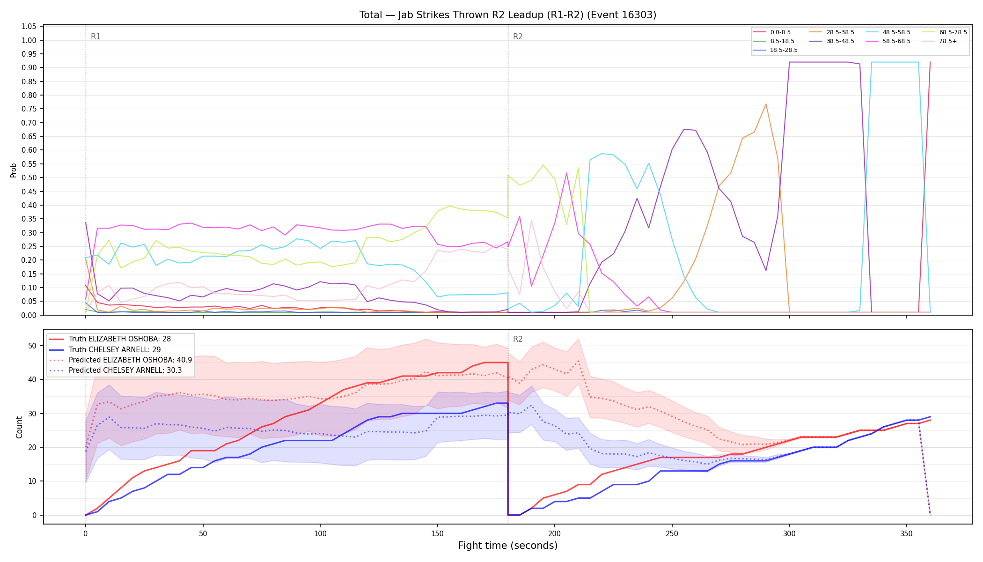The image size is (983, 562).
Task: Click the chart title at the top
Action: click(x=508, y=15)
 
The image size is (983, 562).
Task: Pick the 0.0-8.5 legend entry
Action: click(x=772, y=32)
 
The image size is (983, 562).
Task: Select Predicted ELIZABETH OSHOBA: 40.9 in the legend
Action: click(x=121, y=360)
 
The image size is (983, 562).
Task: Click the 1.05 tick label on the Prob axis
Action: click(x=29, y=26)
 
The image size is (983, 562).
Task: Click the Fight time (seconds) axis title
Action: click(x=508, y=546)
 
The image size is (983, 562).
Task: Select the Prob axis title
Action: click(x=13, y=170)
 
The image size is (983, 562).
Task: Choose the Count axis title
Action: click(x=19, y=427)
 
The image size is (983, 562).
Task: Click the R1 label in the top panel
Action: click(x=95, y=37)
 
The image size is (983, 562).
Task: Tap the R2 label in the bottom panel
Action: click(x=518, y=339)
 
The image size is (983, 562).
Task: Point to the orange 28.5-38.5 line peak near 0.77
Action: click(x=766, y=104)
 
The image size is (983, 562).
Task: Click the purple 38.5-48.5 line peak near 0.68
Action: click(x=684, y=129)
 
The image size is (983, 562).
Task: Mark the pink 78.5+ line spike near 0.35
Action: click(x=531, y=220)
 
